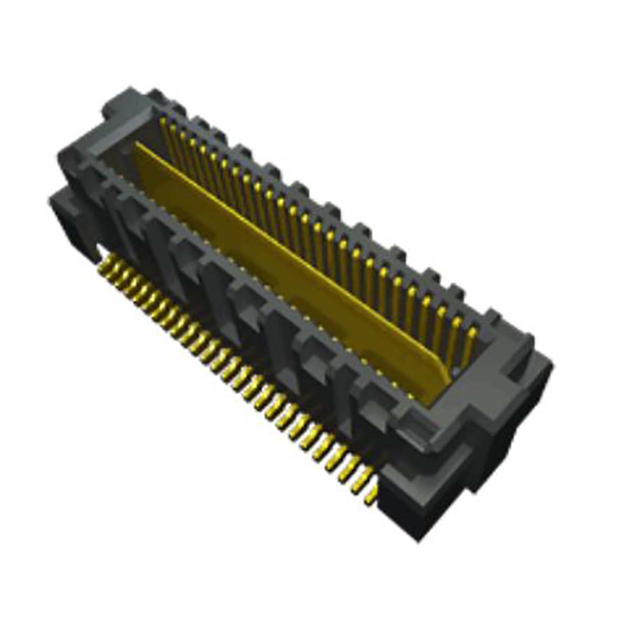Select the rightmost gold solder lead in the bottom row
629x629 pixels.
click(371, 495)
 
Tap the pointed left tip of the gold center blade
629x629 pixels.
click(137, 148)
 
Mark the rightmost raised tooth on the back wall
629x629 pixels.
click(493, 317)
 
